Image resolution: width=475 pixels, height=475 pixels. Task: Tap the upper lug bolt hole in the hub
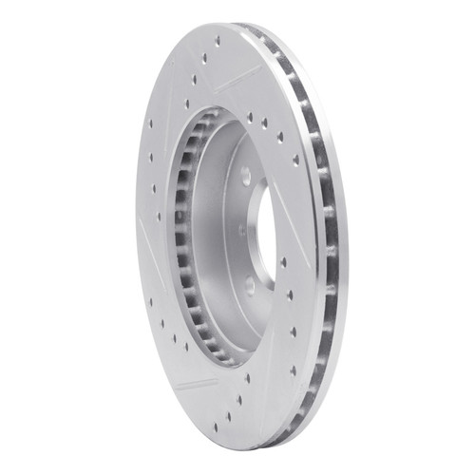(246, 176)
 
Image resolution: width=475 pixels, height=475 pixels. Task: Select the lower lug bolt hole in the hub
(249, 282)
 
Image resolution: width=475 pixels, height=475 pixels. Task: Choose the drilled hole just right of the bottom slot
(249, 379)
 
